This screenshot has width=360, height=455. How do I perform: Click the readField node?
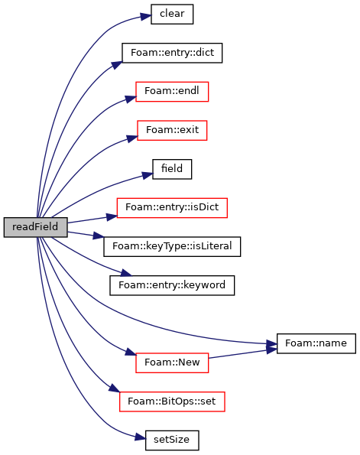(x=36, y=227)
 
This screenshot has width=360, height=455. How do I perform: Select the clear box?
(x=172, y=14)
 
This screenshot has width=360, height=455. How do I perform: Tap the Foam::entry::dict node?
(x=172, y=53)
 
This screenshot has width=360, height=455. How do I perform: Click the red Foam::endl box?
(x=172, y=92)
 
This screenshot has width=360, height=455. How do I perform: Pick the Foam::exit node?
(x=172, y=130)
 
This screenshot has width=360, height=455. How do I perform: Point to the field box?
(x=172, y=169)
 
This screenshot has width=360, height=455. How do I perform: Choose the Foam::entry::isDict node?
(x=172, y=208)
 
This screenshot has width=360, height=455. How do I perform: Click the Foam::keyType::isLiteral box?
(x=172, y=247)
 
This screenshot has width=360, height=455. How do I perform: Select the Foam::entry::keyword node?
(x=172, y=285)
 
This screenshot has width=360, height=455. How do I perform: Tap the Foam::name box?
(x=316, y=343)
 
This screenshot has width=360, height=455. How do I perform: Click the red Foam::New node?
(x=172, y=363)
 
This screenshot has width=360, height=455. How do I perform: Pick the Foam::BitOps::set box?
(x=172, y=401)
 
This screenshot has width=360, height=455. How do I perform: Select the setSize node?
(x=172, y=440)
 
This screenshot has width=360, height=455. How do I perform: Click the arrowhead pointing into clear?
(x=146, y=16)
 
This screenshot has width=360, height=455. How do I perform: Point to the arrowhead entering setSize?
(x=141, y=437)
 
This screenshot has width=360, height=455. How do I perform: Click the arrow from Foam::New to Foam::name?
(x=242, y=353)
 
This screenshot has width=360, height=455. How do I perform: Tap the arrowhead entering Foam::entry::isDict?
(x=112, y=216)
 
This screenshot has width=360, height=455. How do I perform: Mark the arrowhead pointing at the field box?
(x=148, y=175)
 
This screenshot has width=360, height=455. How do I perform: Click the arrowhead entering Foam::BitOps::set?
(x=115, y=388)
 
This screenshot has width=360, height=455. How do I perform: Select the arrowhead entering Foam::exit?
(x=132, y=138)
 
